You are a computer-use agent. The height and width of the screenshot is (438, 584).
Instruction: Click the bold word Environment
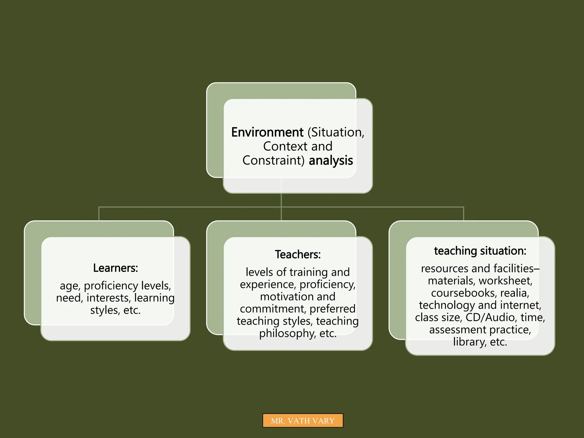coord(267,132)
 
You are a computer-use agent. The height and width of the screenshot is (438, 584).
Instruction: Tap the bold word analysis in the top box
coord(331,161)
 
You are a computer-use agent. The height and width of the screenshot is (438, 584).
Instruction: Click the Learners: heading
coord(115,268)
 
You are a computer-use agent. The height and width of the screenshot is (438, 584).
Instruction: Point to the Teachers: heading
coord(298,254)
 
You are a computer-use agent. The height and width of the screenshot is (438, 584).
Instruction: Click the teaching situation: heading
coord(480,251)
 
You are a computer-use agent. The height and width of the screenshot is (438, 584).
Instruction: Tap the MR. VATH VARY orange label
coord(303,421)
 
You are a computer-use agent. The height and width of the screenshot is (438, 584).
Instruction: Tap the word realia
coord(514,293)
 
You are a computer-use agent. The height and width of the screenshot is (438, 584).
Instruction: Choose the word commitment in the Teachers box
coord(273,309)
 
